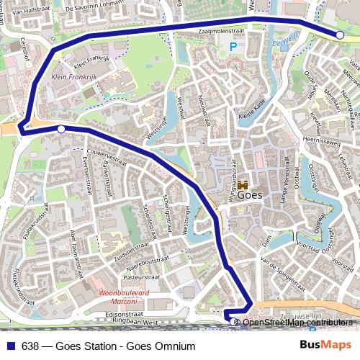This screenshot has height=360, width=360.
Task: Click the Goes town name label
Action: coord(249,193)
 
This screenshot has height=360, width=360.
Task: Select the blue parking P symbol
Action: coord(233,48)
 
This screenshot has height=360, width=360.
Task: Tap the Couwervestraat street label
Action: coord(106,154)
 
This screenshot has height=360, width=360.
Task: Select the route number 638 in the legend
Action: coord(30,346)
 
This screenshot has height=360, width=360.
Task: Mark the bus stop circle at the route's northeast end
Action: coord(340,35)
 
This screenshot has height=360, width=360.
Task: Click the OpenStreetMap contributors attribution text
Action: coord(298,322)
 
